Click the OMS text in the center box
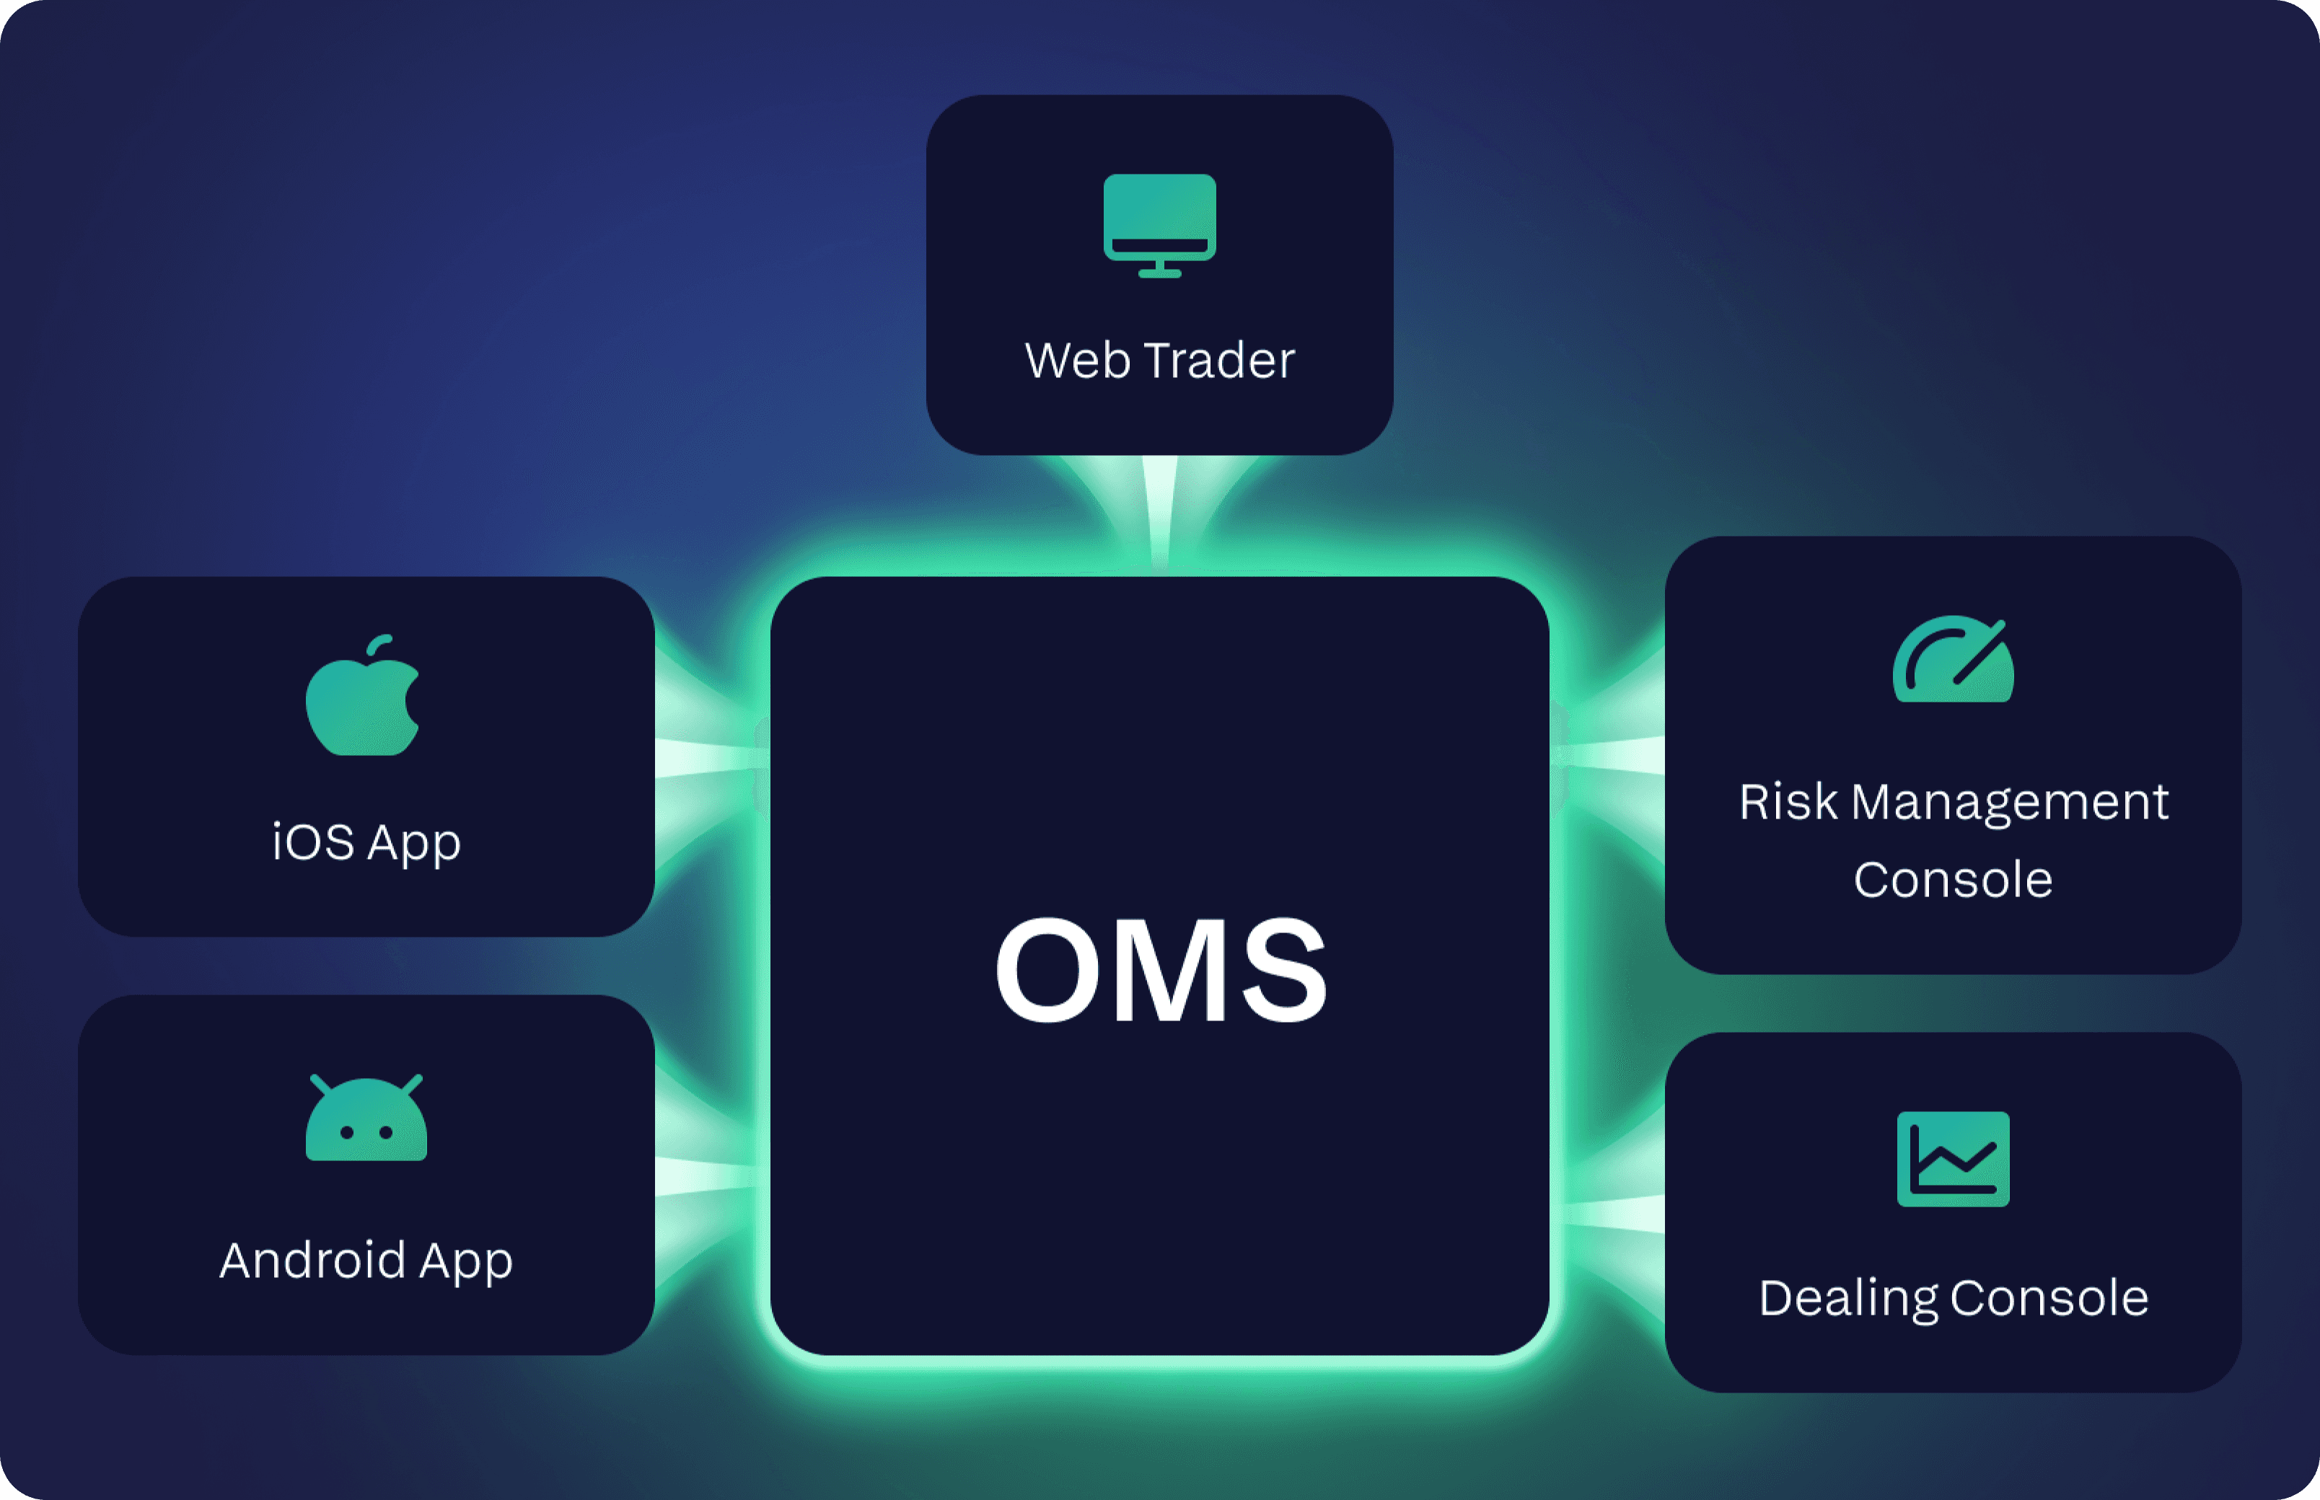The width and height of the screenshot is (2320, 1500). click(x=1159, y=969)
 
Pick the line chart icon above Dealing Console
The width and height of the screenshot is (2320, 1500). click(x=1953, y=1159)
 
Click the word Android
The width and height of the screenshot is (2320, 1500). click(x=312, y=1261)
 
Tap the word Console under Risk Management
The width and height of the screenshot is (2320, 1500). click(x=1953, y=881)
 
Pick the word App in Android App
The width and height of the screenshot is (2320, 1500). click(x=466, y=1262)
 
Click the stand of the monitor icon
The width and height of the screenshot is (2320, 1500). click(x=1159, y=269)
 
